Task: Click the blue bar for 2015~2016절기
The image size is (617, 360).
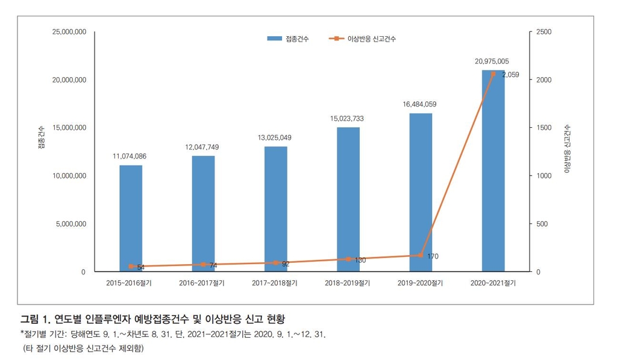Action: click(x=131, y=218)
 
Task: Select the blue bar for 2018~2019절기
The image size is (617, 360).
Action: click(x=348, y=199)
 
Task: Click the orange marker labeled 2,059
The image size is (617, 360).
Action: click(x=493, y=74)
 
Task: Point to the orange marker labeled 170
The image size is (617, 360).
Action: click(x=421, y=256)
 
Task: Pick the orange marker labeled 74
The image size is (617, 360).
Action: click(x=203, y=265)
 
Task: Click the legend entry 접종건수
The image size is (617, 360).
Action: click(x=289, y=39)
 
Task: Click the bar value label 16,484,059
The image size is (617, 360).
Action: click(x=420, y=104)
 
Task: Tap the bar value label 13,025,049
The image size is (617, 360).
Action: click(x=275, y=137)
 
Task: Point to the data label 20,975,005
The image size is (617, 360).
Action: click(x=492, y=61)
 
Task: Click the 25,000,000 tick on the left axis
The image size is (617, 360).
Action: click(x=69, y=32)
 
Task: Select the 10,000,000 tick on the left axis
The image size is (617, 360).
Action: click(x=69, y=176)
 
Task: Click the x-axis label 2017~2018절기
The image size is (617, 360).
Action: click(x=276, y=283)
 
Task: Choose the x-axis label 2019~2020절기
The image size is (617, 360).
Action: click(x=420, y=283)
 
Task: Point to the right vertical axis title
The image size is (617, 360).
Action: click(x=567, y=150)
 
